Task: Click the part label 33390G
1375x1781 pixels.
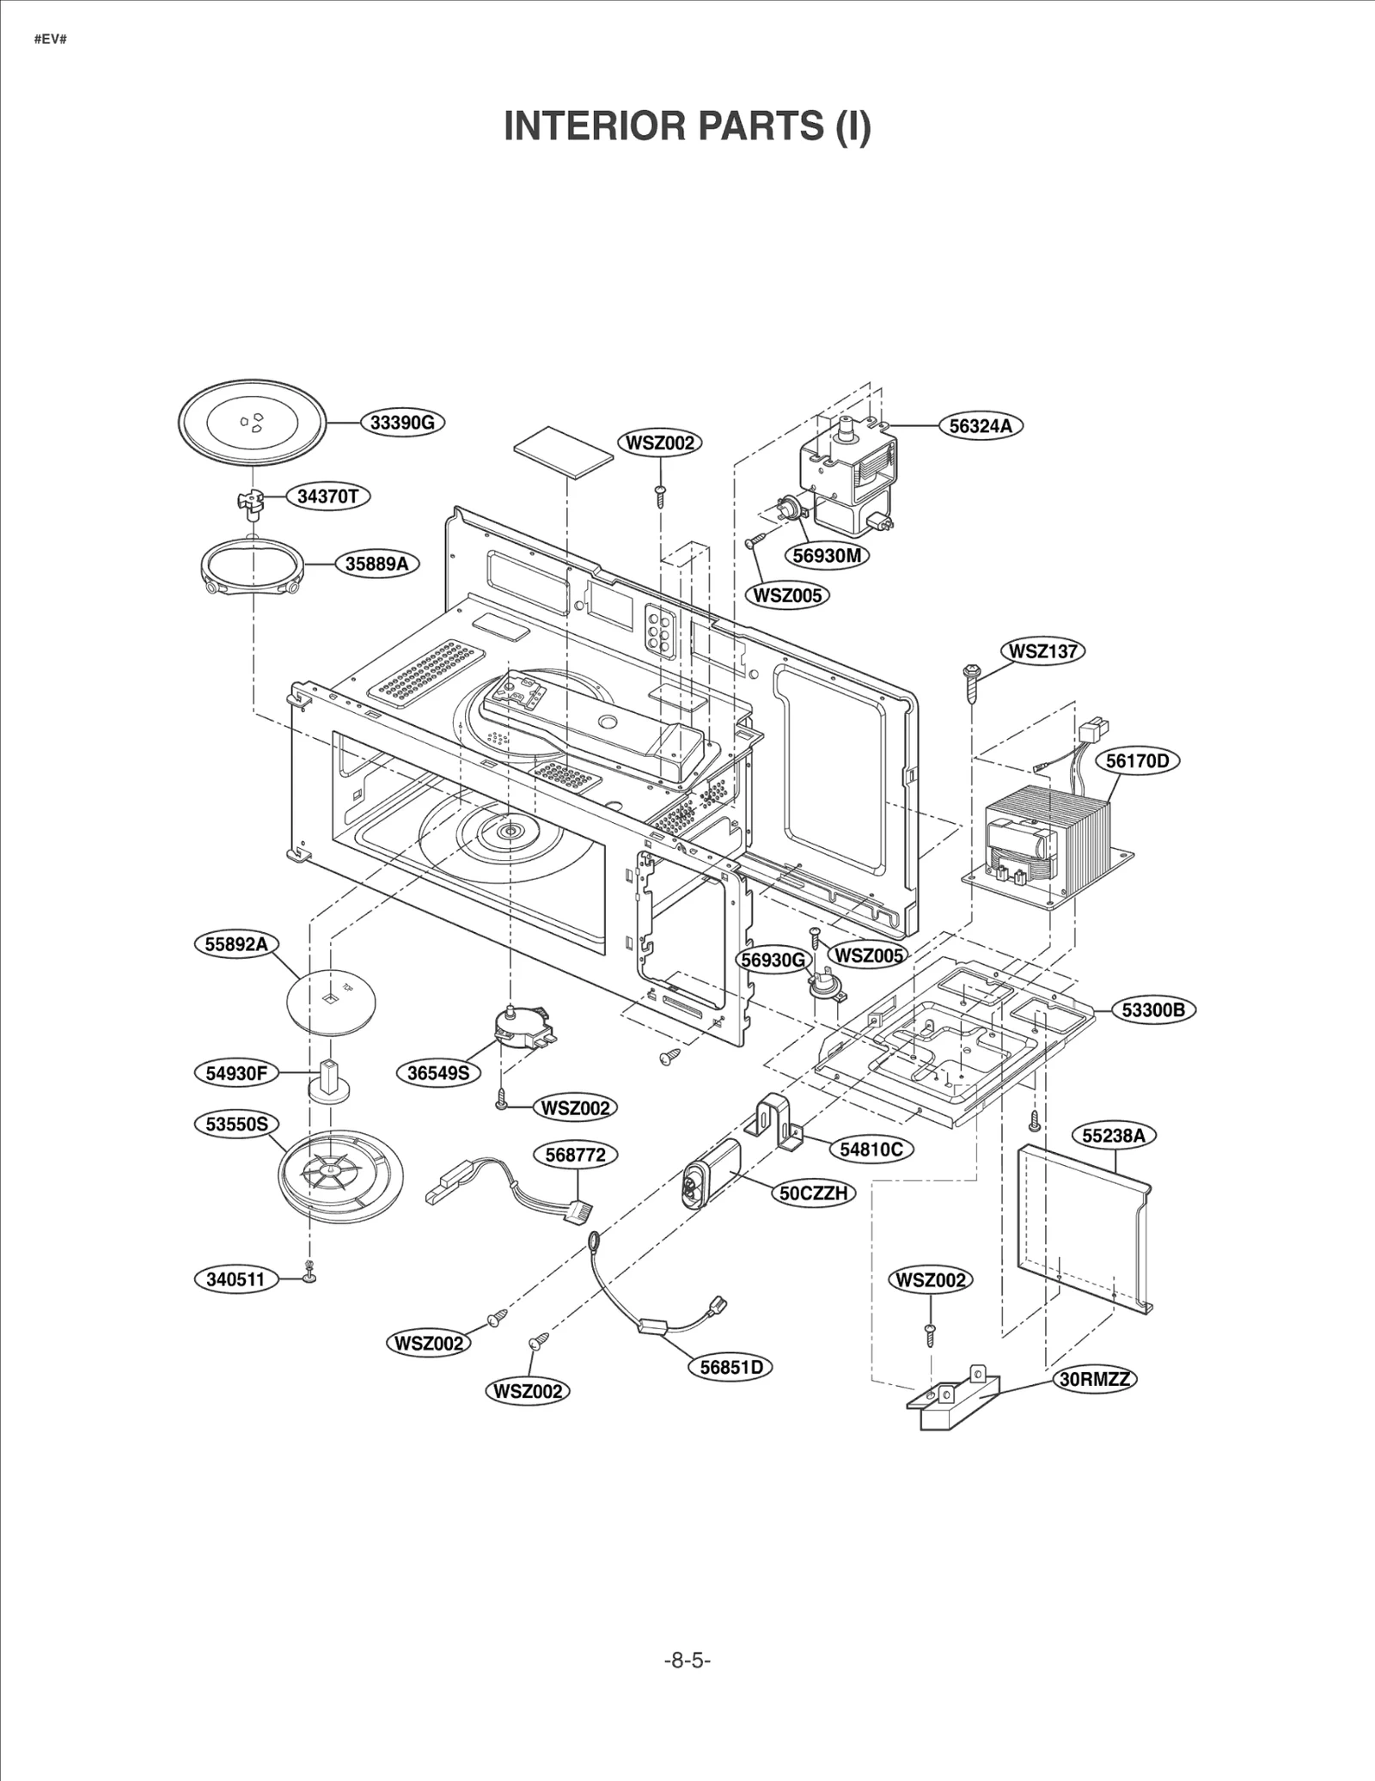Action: click(x=402, y=423)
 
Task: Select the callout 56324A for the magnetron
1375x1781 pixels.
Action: click(x=980, y=425)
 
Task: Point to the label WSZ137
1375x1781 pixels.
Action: click(x=1042, y=651)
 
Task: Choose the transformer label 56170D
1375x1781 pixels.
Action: click(x=1137, y=760)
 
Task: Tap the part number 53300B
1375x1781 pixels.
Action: click(x=1152, y=1009)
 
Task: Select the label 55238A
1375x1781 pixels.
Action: click(x=1113, y=1136)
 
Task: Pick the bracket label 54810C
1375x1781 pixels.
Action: click(x=871, y=1149)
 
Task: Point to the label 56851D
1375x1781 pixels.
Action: click(x=730, y=1367)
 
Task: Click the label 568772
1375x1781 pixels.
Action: click(x=575, y=1155)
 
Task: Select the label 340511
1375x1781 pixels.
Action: click(x=235, y=1278)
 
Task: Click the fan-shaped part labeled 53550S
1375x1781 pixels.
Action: click(x=339, y=1175)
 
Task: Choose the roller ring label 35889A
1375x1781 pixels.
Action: click(x=376, y=564)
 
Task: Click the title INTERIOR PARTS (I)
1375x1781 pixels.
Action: click(x=687, y=126)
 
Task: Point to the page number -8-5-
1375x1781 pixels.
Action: click(x=687, y=1660)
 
